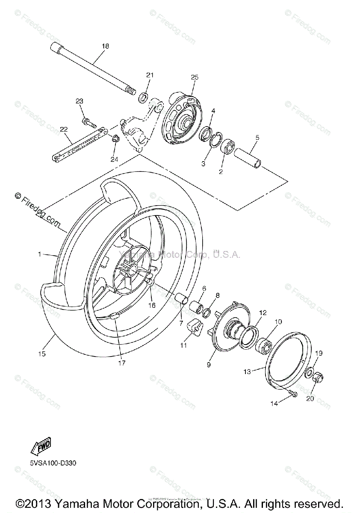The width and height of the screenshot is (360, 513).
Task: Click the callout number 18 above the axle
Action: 106,46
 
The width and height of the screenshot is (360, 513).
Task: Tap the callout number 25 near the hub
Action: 195,77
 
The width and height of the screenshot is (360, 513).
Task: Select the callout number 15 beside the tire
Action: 41,354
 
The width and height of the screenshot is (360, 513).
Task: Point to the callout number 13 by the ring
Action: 247,371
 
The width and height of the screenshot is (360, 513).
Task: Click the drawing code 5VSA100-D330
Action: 53,463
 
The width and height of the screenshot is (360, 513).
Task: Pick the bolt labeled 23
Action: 88,122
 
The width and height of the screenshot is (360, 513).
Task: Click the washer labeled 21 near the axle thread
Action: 143,96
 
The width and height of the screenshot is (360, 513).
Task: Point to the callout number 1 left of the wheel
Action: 39,254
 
